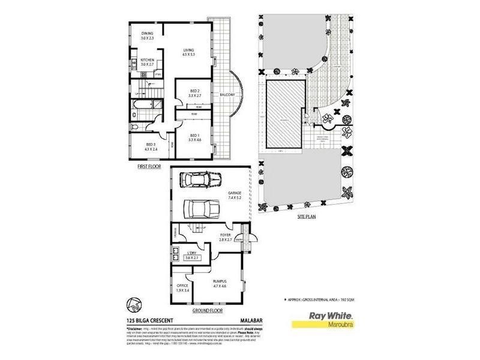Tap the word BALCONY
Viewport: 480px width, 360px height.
(x=227, y=95)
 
